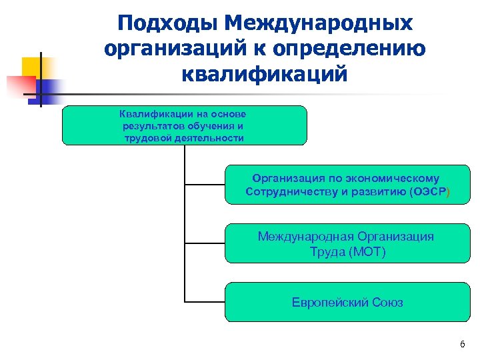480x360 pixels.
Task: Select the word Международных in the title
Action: (x=319, y=23)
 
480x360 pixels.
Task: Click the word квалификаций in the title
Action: (x=264, y=74)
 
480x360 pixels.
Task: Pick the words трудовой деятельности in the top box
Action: (x=184, y=138)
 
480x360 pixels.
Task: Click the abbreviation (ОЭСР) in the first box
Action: (x=434, y=193)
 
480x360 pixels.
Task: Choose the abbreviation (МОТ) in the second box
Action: (x=366, y=252)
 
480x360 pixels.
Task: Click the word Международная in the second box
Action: (x=306, y=237)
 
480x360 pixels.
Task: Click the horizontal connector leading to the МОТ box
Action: (x=205, y=242)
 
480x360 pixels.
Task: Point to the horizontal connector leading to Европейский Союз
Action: (x=205, y=301)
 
